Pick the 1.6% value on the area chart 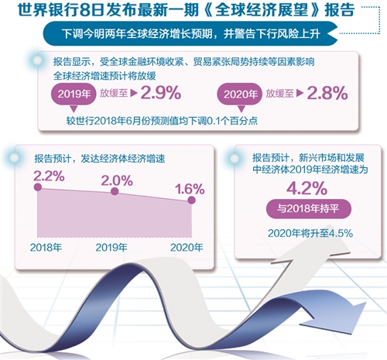(x=189, y=187)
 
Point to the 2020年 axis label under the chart (x=186, y=247)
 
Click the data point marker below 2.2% (x=39, y=187)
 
